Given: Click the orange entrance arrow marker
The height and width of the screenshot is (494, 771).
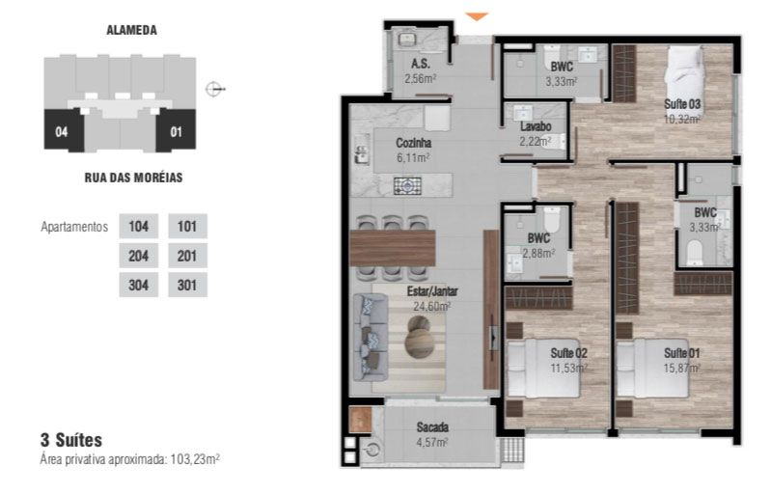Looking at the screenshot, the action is point(477,16).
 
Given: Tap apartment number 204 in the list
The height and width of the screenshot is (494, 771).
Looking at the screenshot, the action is point(139,256).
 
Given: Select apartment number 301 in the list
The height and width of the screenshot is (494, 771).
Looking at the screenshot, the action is point(187,285).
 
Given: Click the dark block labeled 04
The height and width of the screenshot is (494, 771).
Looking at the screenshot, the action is point(63,131).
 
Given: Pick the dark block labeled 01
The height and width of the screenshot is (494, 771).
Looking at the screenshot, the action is point(176,131).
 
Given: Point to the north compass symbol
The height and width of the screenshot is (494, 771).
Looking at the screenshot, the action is point(214,89).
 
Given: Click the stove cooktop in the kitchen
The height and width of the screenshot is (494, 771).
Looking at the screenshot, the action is point(407,186).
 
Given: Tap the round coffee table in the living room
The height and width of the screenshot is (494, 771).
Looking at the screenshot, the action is point(420,336).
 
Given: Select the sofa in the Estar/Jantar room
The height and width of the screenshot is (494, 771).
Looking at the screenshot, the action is point(371,337).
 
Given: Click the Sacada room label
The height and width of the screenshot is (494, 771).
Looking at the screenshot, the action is point(432,427).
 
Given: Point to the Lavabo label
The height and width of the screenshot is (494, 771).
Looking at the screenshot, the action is point(536,126).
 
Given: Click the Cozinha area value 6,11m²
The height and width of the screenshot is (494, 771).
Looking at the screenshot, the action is point(414,158).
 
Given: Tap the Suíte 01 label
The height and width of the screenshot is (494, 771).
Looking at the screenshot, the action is point(681,353).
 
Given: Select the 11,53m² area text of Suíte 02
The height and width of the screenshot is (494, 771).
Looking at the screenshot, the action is point(569,368).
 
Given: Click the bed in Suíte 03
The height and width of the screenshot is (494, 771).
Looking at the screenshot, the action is point(683,71).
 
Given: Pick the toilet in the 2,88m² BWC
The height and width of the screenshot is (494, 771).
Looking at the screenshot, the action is point(552,219).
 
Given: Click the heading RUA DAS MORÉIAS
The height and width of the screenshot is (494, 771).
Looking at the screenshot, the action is point(133,178).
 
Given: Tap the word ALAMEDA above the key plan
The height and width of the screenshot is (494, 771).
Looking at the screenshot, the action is point(132,30).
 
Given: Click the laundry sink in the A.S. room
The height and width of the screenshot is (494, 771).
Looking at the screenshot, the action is point(407,39).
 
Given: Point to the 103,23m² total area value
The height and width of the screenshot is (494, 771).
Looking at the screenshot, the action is point(195,459).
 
